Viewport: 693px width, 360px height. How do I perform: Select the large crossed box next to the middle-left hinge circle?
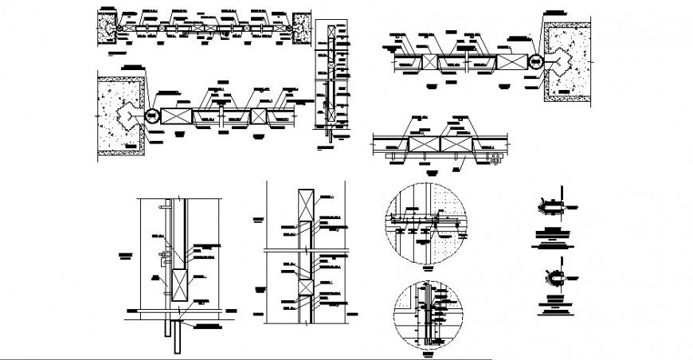click(x=176, y=116)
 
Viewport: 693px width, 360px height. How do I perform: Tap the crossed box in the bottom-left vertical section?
click(x=178, y=284)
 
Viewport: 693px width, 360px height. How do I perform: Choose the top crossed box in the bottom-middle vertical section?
click(x=303, y=205)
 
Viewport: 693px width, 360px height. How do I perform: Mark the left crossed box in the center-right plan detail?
click(x=425, y=146)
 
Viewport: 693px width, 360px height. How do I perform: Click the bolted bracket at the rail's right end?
click(x=496, y=160)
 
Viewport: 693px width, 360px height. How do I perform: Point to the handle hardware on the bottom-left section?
click(x=163, y=256)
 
